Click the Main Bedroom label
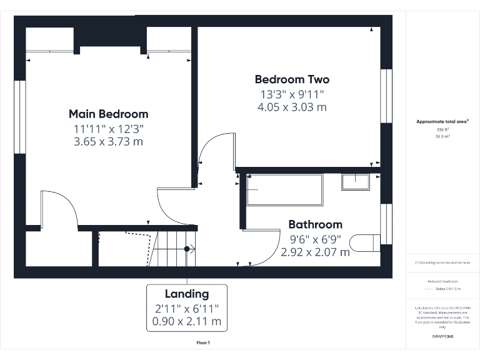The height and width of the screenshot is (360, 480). (x=108, y=114)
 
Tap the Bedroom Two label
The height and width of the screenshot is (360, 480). (x=292, y=79)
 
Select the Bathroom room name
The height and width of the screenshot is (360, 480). (x=315, y=224)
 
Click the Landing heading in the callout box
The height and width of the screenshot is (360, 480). (x=187, y=294)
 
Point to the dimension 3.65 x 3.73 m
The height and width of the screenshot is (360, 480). (x=108, y=142)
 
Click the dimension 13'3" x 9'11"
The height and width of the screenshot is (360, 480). (x=292, y=94)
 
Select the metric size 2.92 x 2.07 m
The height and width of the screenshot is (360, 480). (x=315, y=252)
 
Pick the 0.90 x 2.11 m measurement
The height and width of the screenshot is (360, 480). (x=187, y=321)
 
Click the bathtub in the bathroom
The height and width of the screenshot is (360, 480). (x=284, y=190)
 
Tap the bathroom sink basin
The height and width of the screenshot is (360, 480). (x=357, y=182)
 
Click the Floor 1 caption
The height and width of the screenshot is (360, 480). (x=204, y=342)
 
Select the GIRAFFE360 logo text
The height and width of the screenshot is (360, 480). (x=442, y=336)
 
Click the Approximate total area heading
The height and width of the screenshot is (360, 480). (x=442, y=122)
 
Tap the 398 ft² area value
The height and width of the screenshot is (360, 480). (x=442, y=129)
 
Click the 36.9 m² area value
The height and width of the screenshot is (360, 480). (x=442, y=136)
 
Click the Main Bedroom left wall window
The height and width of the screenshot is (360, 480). (x=20, y=117)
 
